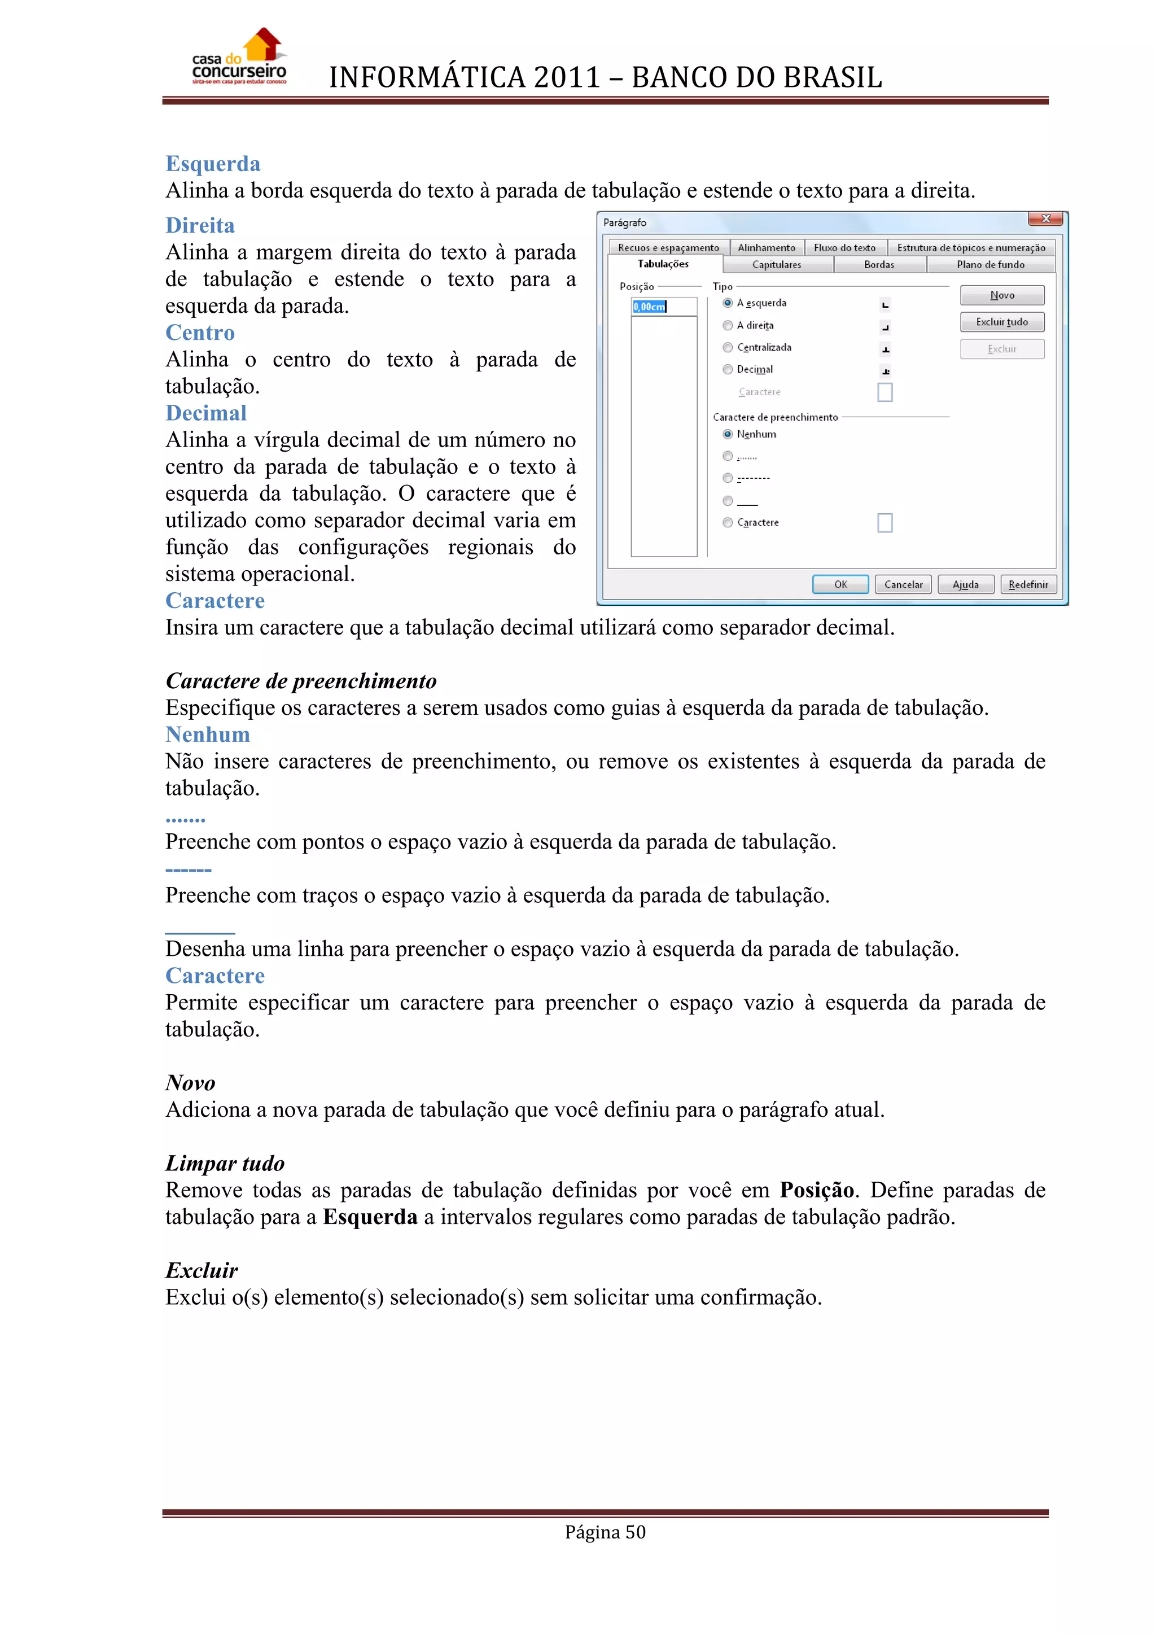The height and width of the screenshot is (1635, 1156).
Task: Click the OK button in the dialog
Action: click(840, 585)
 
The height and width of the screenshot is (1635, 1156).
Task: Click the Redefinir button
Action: click(1028, 585)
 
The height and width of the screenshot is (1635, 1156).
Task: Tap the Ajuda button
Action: click(965, 585)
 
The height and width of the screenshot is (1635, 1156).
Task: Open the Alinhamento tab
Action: click(766, 248)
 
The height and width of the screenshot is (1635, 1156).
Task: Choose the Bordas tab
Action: click(878, 265)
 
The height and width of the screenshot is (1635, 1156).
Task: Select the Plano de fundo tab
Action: click(990, 265)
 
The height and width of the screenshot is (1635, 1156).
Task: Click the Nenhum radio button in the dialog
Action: click(728, 434)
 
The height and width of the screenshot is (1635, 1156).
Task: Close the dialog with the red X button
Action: click(1045, 218)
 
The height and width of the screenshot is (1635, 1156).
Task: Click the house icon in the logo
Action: click(264, 44)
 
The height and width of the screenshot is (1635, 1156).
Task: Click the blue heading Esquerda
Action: click(213, 164)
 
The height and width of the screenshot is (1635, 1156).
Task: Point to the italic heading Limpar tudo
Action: click(225, 1163)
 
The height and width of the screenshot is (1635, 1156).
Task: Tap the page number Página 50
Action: click(605, 1532)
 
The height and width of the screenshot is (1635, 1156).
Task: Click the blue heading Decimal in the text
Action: click(205, 413)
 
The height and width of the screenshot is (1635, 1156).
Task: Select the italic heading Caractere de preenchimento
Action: click(300, 681)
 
